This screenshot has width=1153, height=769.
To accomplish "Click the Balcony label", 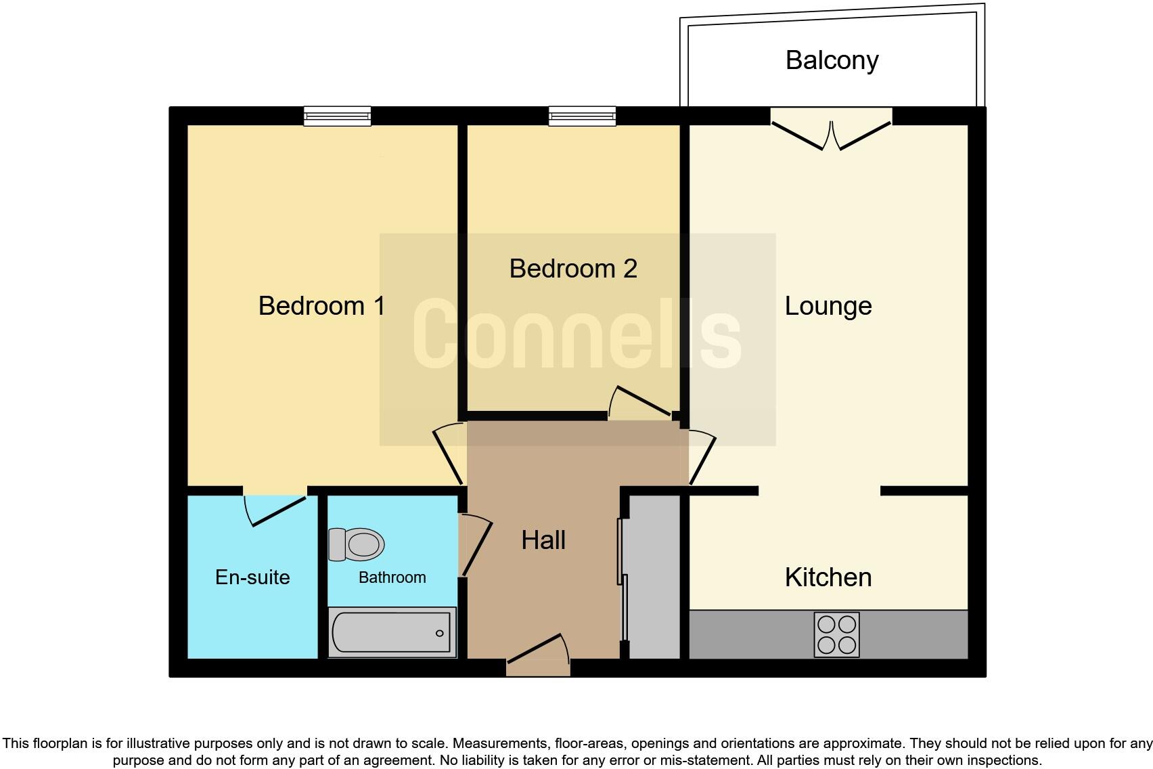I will (832, 60).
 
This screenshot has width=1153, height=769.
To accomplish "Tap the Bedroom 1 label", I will (321, 306).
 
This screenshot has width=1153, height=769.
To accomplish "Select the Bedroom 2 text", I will (573, 269).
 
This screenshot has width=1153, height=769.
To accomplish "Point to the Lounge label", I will (828, 306).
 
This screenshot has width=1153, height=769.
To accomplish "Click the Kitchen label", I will (828, 577).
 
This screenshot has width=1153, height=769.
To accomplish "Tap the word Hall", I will (543, 540).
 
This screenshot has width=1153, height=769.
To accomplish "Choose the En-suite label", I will (252, 577).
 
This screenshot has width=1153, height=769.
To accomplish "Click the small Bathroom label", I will (392, 577).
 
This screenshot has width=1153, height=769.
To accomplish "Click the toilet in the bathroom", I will (357, 544).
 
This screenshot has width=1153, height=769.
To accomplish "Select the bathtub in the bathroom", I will (392, 632).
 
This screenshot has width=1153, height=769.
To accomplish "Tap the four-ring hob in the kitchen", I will (836, 634).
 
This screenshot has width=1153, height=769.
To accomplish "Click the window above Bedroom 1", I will (337, 116).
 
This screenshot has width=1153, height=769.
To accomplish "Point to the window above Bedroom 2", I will (582, 116).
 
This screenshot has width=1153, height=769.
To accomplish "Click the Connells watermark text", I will (576, 335).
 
